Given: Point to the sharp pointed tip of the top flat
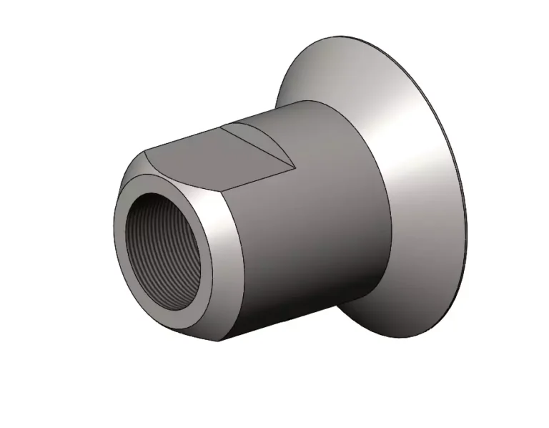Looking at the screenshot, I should [293, 167].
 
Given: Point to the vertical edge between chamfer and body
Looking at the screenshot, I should [227, 272].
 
